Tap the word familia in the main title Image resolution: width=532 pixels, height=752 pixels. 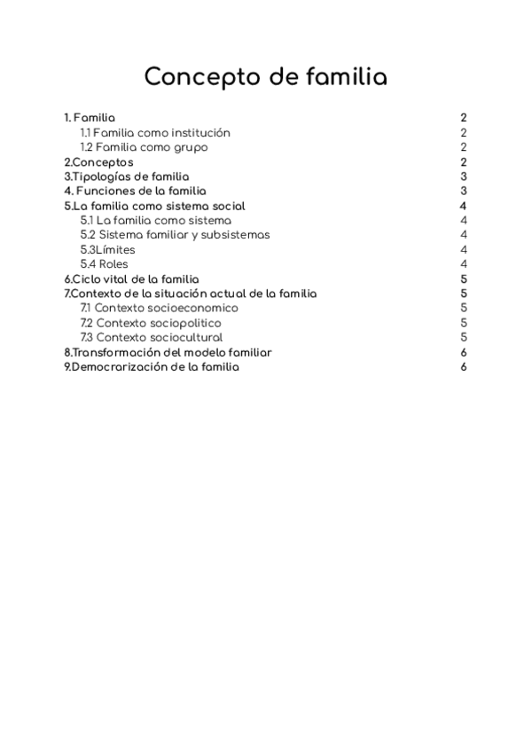point(340,78)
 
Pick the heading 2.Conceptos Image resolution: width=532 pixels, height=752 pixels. point(99,162)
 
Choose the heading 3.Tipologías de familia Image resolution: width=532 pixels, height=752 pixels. point(126,176)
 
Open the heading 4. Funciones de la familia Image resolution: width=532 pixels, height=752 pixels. point(135,191)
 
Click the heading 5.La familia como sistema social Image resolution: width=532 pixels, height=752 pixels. point(154,206)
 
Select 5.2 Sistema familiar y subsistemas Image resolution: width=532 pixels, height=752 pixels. point(175,235)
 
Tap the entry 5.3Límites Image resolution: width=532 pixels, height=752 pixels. point(107,250)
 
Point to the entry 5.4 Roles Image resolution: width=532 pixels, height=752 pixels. point(104,264)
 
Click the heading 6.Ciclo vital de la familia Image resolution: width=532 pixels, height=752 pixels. point(131,279)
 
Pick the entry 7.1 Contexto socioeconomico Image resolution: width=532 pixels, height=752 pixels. point(159,308)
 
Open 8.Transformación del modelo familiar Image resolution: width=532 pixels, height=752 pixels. point(168,352)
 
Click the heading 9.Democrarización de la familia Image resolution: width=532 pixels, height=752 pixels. point(152,366)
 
